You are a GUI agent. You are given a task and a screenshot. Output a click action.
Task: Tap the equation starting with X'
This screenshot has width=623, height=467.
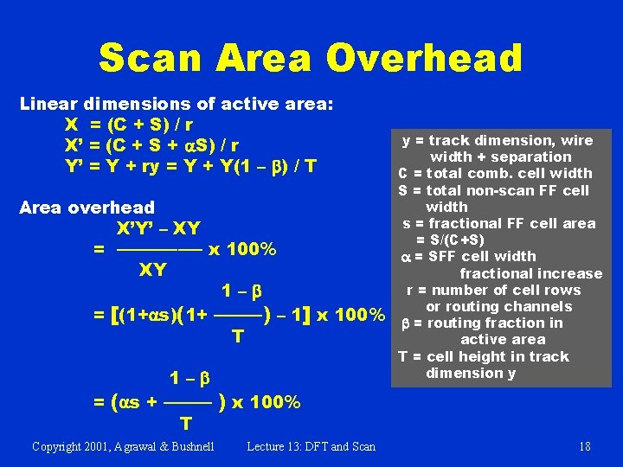pyautogui.click(x=152, y=144)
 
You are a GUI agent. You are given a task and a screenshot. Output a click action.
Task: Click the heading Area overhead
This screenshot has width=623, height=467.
pyautogui.click(x=87, y=208)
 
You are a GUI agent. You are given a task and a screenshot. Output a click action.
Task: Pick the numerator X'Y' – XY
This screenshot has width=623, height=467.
pyautogui.click(x=158, y=229)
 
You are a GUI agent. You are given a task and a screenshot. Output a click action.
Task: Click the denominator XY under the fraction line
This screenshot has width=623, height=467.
pyautogui.click(x=153, y=270)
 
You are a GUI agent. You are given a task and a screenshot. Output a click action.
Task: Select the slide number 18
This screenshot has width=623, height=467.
pyautogui.click(x=585, y=446)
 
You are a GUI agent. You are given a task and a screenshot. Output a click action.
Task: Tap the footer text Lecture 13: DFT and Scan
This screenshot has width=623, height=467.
pyautogui.click(x=311, y=446)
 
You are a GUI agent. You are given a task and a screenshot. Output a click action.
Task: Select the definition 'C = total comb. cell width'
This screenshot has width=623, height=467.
pyautogui.click(x=495, y=173)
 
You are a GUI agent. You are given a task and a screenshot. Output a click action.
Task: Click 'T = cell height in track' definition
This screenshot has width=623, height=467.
pyautogui.click(x=483, y=356)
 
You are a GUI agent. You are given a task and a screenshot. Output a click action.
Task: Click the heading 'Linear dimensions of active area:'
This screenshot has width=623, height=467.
pyautogui.click(x=177, y=105)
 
